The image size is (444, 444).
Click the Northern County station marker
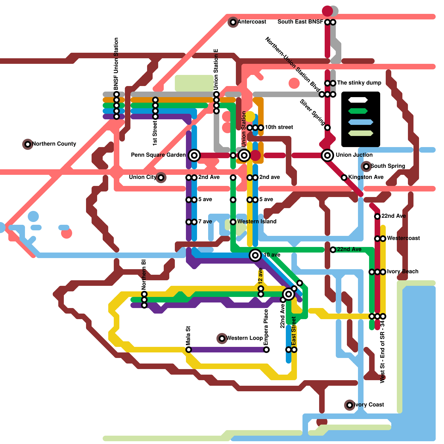28,144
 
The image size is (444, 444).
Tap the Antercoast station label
252,22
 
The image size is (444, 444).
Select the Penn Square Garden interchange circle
194,155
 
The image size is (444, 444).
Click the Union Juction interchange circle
327,155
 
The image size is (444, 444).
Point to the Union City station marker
161,177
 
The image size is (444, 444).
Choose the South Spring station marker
366,166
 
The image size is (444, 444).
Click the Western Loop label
244,338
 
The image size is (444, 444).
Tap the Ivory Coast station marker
350,405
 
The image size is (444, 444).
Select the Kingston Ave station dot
344,177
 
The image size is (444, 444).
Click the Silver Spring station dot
327,127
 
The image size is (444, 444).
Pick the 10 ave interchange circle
255,255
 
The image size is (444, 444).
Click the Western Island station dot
233,222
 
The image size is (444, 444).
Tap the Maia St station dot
189,349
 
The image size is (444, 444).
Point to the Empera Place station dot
266,349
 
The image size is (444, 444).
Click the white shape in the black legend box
358,100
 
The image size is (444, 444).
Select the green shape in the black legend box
358,111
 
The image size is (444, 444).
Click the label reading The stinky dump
359,83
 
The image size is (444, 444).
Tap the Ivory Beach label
402,271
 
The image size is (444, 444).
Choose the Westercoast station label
403,238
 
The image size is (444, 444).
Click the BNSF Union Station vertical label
116,64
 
